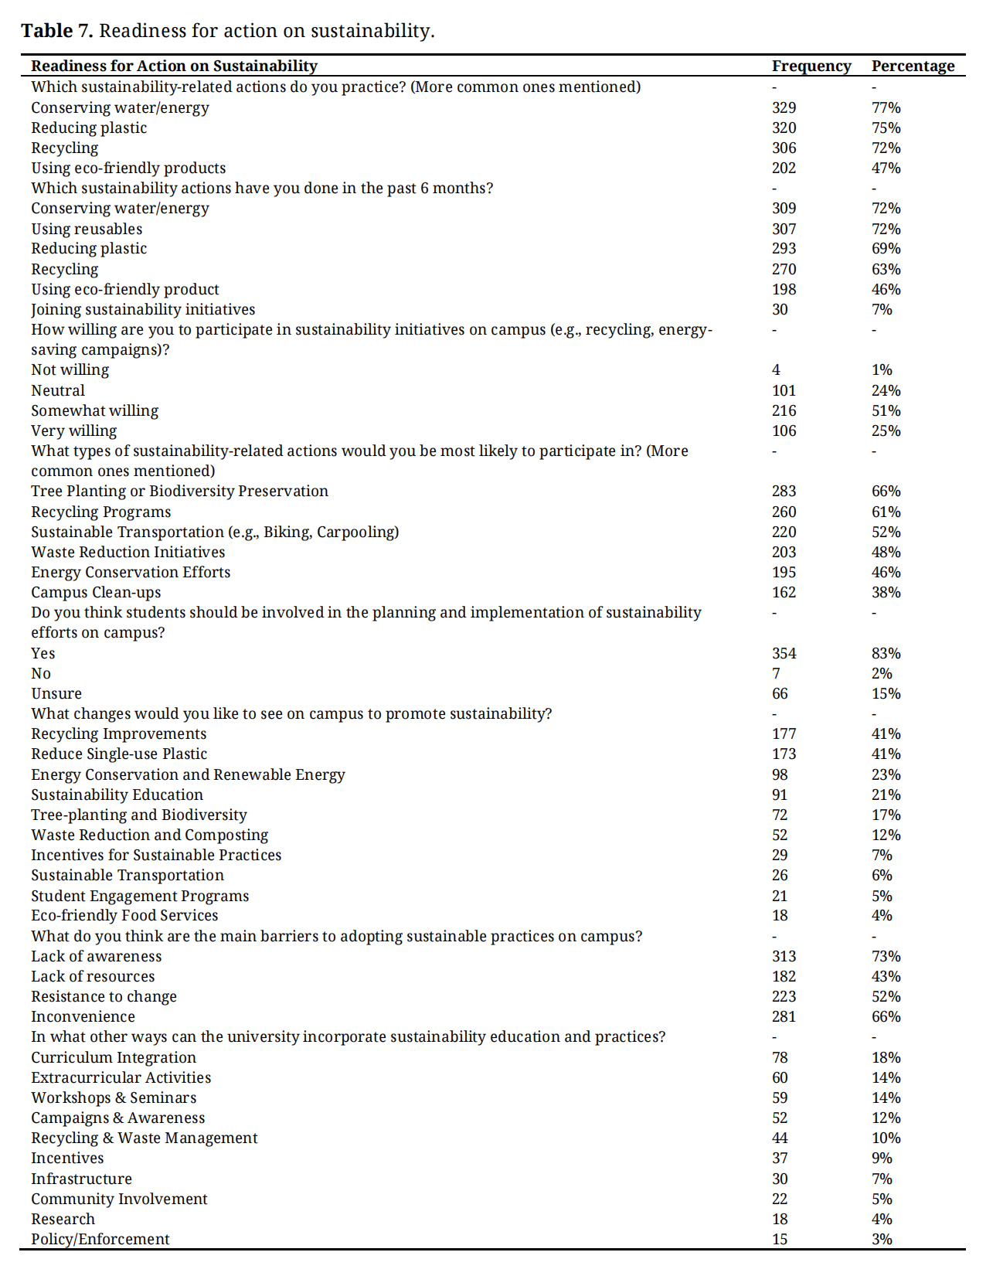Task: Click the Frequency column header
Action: click(811, 66)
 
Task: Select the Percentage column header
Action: click(913, 66)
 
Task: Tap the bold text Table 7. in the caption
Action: click(56, 31)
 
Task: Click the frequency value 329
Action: click(784, 108)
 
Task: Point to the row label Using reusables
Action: click(87, 230)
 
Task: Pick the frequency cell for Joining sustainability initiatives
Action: click(780, 310)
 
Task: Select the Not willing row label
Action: click(70, 370)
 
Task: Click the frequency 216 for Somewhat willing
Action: click(784, 411)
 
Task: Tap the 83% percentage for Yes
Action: click(886, 654)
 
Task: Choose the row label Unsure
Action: click(56, 694)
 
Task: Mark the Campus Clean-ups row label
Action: click(96, 593)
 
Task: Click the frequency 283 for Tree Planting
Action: click(784, 492)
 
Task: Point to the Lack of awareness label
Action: click(97, 957)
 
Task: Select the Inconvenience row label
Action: click(83, 1017)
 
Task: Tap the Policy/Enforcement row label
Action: click(100, 1240)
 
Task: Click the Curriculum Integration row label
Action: click(114, 1058)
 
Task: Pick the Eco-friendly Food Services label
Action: click(124, 916)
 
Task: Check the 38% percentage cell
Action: click(886, 593)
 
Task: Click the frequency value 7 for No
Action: click(776, 674)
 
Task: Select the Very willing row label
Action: click(74, 431)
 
